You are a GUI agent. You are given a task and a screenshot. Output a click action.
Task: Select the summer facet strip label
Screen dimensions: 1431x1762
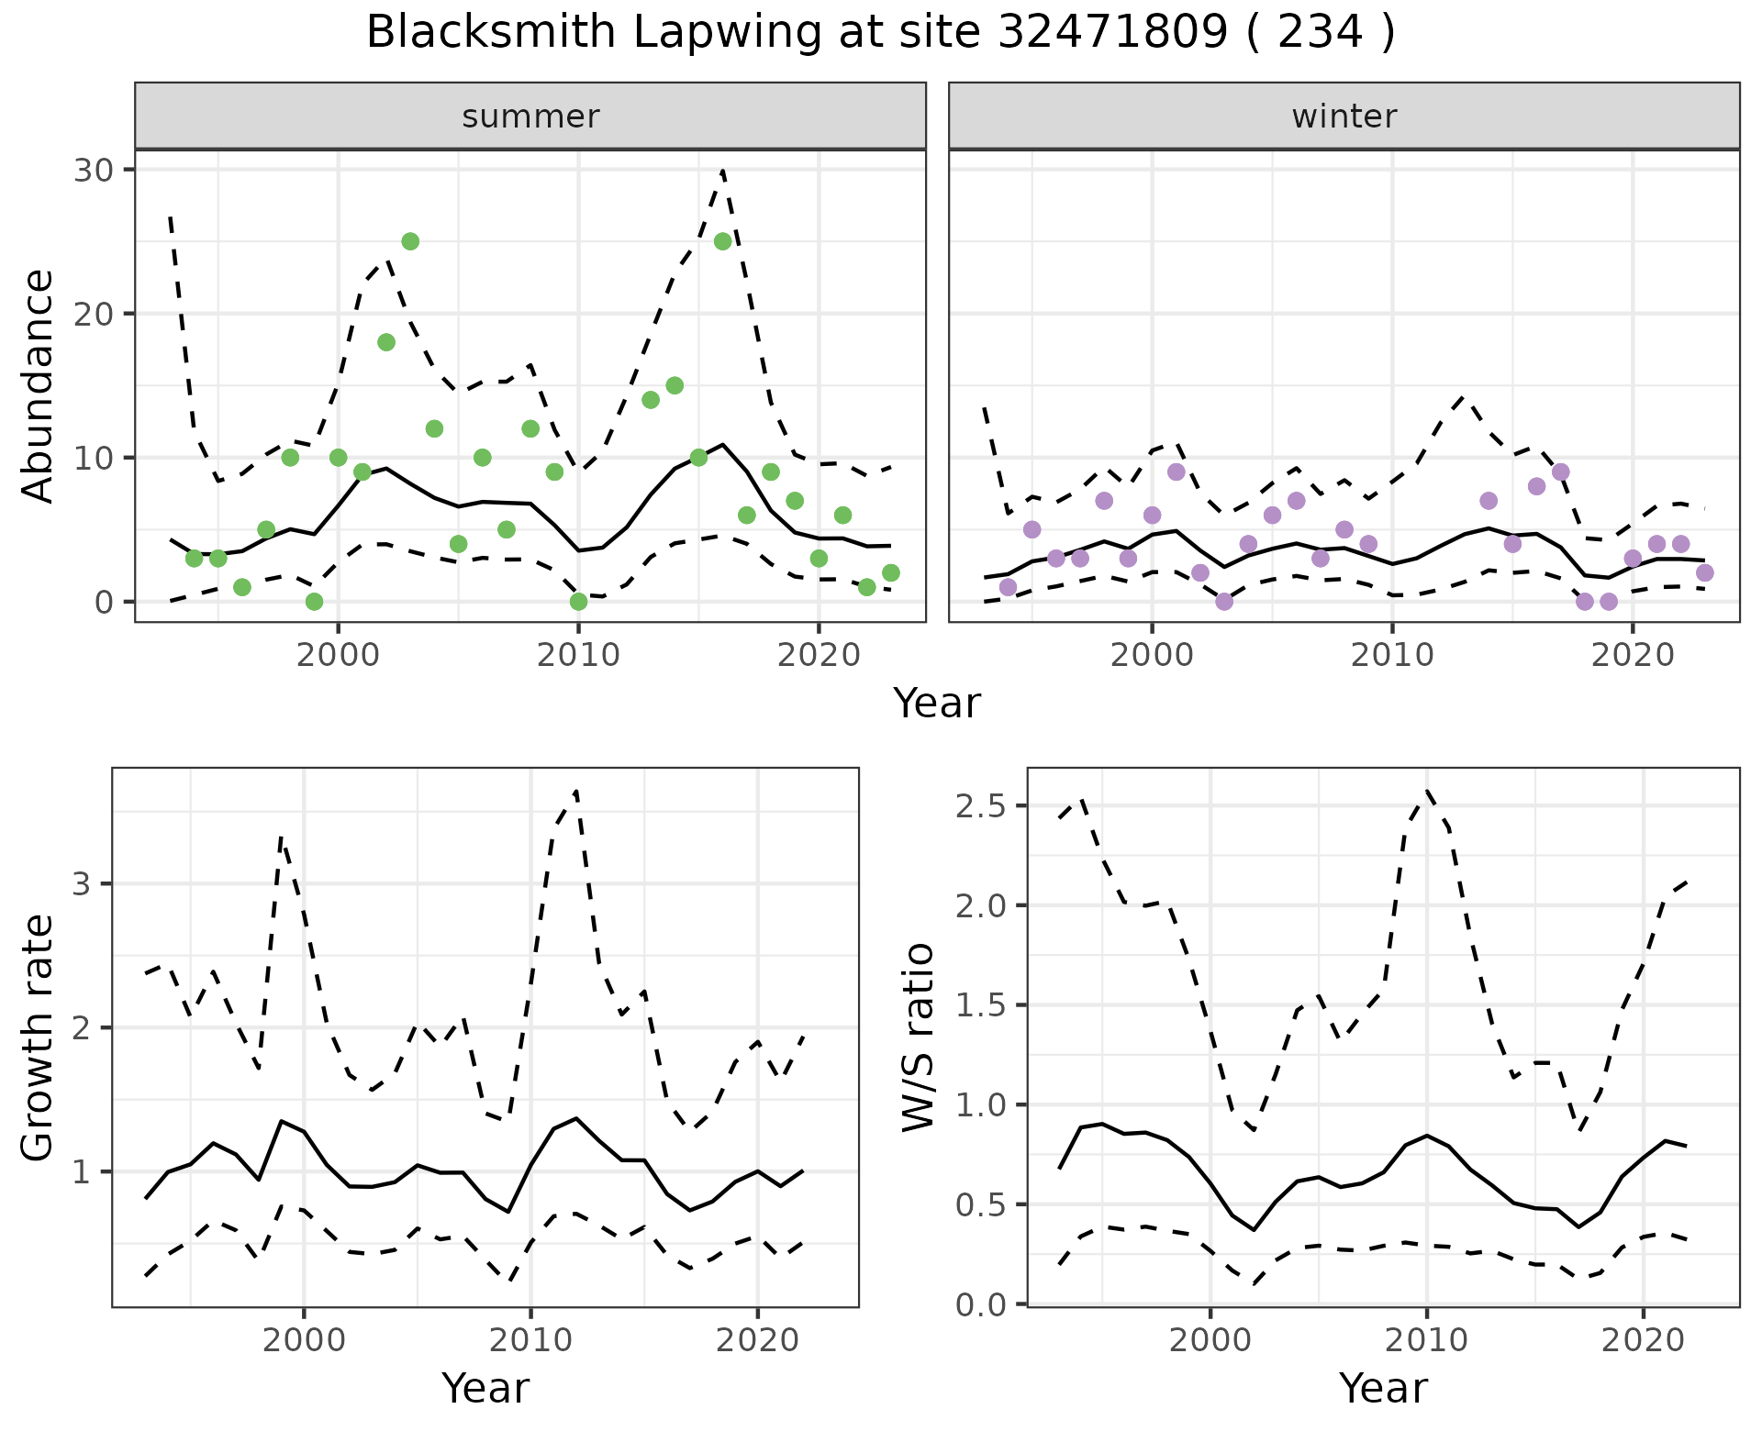[530, 116]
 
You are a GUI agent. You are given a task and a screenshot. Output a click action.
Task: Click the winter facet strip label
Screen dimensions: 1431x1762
[1344, 116]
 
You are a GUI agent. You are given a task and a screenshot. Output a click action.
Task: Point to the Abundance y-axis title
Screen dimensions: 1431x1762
[39, 385]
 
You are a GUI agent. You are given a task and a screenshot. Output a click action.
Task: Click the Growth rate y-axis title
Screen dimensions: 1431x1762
[39, 1037]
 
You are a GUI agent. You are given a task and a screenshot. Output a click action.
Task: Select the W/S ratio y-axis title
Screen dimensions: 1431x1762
[919, 1037]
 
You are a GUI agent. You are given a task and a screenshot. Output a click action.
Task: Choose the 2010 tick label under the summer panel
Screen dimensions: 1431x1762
[578, 655]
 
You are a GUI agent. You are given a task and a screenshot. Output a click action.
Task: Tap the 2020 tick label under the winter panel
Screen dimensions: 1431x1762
[1632, 655]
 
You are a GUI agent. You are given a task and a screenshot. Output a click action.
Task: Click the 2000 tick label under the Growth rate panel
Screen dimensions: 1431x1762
[304, 1340]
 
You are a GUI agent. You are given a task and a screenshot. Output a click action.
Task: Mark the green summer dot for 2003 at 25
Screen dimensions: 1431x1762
[410, 241]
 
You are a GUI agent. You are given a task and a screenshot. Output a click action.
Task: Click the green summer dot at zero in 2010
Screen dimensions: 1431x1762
[578, 602]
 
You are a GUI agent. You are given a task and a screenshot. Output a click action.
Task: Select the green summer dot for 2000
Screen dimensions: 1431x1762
[338, 458]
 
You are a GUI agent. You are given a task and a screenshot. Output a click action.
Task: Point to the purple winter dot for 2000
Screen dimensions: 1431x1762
[1152, 516]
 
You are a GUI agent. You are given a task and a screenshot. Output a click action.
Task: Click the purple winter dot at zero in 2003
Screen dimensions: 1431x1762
[1224, 602]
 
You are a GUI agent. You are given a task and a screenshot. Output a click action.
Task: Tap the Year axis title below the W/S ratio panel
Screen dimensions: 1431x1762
[1383, 1388]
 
